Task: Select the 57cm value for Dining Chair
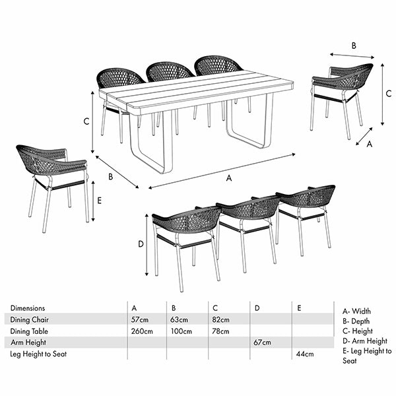coord(139,319)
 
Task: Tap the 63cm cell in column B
coord(180,319)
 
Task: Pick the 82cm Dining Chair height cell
coord(220,319)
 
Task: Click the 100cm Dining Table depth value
coord(181,331)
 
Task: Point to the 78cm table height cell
coord(220,331)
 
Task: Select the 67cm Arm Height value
coord(262,343)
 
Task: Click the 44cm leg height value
coord(304,354)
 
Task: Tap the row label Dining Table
coord(30,331)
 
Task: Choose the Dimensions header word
coord(28,308)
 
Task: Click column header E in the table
coord(300,308)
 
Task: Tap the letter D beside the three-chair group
coord(141,244)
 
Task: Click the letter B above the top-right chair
coord(354,46)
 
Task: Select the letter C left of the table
coord(86,121)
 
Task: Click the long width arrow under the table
coord(222,171)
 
